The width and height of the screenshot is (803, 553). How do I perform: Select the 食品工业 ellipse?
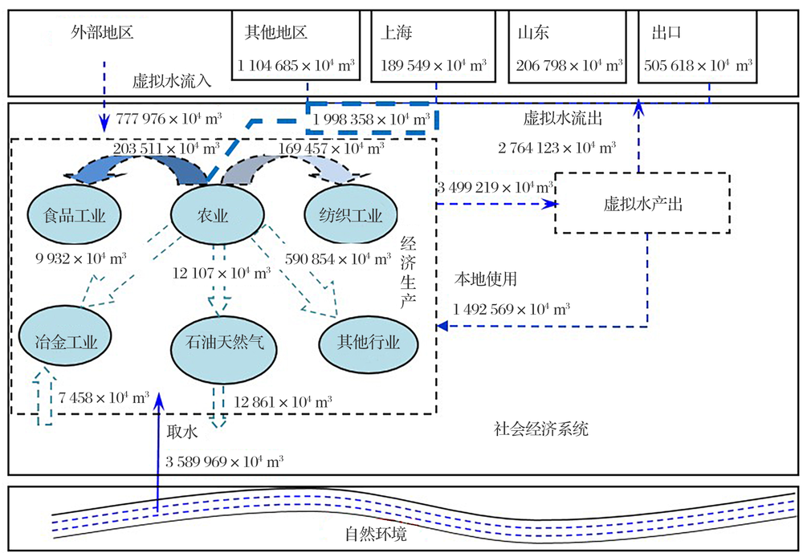click(72, 214)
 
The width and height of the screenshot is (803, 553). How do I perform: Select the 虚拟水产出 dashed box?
click(642, 203)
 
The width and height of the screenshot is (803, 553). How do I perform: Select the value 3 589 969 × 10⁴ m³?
click(224, 462)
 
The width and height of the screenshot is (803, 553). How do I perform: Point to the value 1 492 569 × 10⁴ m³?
click(512, 309)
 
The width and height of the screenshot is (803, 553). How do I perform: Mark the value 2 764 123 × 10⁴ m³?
click(557, 147)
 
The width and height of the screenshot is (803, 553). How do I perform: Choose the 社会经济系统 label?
click(540, 429)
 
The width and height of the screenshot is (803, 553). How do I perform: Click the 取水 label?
click(181, 430)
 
